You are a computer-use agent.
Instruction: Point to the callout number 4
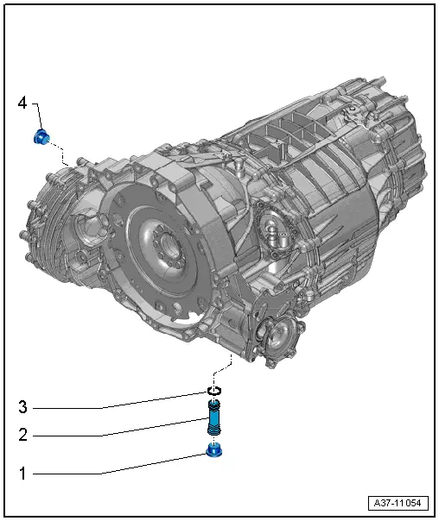pos(23,104)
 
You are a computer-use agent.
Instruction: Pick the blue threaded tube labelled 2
pos(213,422)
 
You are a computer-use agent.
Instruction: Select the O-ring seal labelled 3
pos(214,392)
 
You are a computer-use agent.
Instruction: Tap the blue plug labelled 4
pos(41,136)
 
